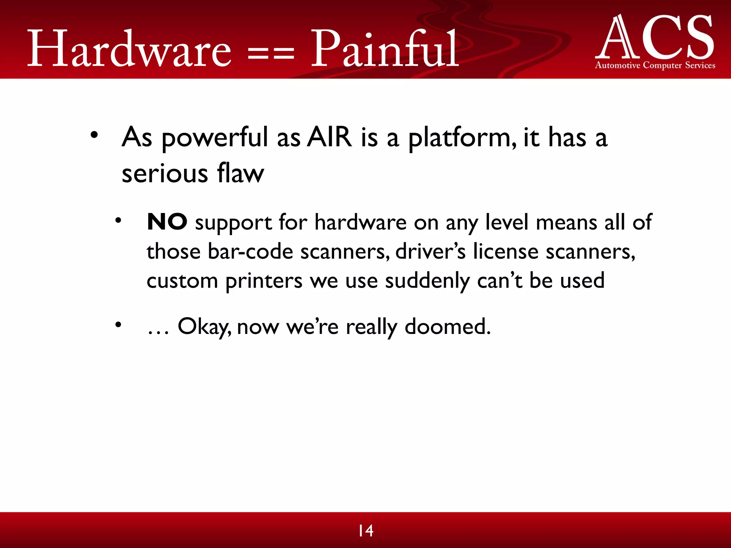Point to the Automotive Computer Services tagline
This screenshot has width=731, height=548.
click(655, 65)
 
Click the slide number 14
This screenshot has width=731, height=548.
click(366, 531)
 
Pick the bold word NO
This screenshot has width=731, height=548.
click(167, 222)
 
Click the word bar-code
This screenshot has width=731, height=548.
click(250, 252)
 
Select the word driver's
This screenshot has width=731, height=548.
click(430, 252)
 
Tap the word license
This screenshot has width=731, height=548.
click(505, 252)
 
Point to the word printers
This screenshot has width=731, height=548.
click(264, 281)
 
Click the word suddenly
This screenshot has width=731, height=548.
click(427, 281)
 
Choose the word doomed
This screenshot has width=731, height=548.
click(448, 326)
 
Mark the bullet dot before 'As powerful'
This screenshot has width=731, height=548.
click(94, 135)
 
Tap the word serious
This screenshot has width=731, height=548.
click(165, 174)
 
